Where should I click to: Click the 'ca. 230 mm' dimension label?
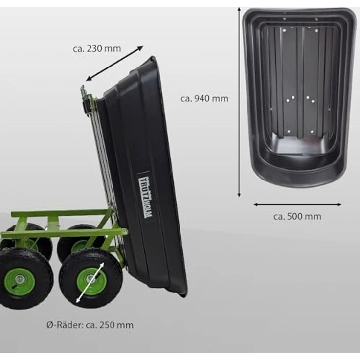(x=97, y=49)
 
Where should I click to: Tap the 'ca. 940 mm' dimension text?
(x=204, y=99)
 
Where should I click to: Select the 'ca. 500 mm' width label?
(x=297, y=217)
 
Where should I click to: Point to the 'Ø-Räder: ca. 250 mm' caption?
(x=90, y=325)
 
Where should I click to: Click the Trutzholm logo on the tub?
(x=145, y=198)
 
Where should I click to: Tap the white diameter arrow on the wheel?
(x=90, y=283)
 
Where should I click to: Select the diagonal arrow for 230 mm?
(x=114, y=64)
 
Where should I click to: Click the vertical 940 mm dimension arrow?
(x=239, y=102)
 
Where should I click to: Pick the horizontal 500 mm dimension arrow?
(x=297, y=204)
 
